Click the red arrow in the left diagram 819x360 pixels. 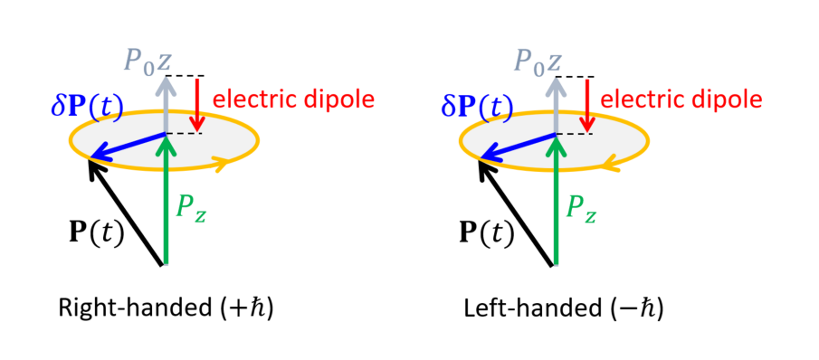[200, 105]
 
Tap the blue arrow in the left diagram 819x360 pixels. [127, 148]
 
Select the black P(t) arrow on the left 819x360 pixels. [127, 212]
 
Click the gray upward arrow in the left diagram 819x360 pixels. [165, 104]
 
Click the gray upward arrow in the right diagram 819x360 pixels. [555, 104]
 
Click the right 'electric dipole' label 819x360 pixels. [675, 98]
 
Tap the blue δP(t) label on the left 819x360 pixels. [90, 106]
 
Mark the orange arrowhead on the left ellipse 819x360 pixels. [220, 164]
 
